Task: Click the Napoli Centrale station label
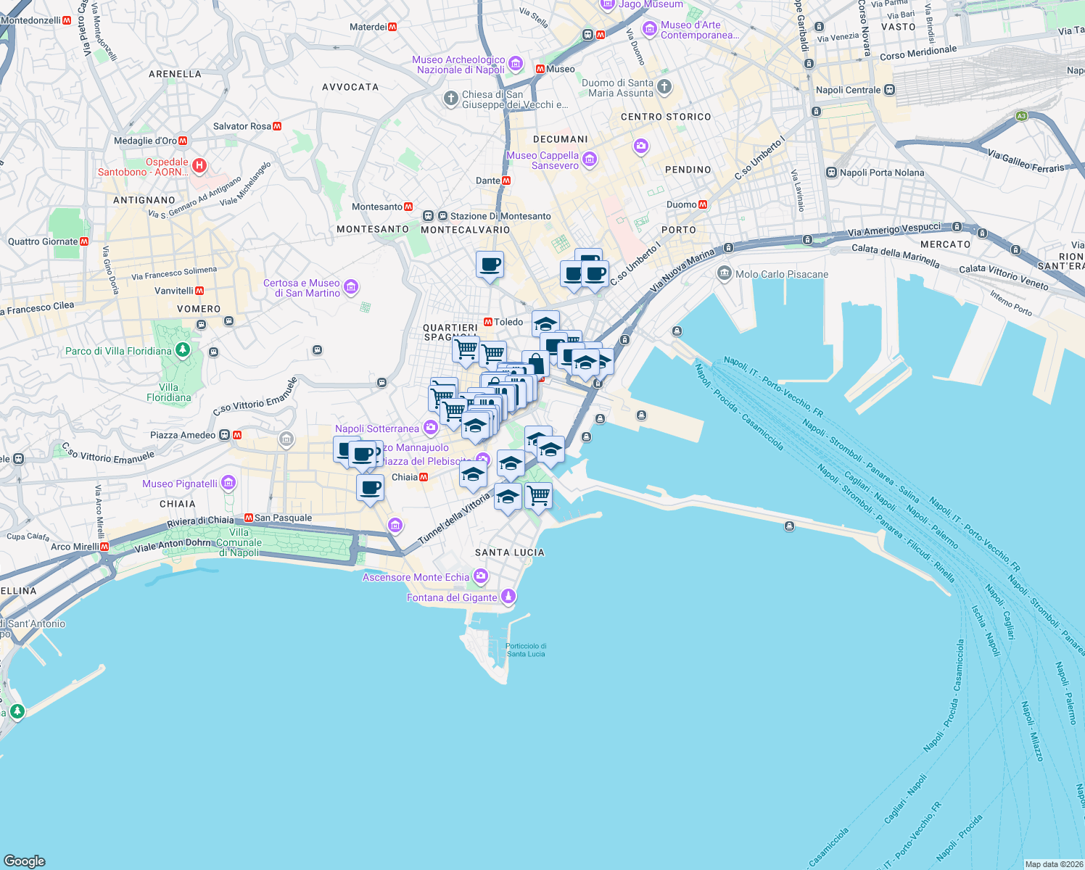848,90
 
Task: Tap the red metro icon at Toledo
488,322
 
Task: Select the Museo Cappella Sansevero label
542,160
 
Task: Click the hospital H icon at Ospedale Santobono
199,167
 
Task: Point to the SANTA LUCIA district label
509,552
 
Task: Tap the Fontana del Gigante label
452,597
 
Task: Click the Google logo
25,861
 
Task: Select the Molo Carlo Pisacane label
781,274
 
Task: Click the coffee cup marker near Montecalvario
490,265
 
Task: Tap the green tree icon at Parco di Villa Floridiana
183,351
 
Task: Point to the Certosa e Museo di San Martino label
301,288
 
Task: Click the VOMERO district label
199,309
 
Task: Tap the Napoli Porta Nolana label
881,173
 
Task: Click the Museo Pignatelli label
180,484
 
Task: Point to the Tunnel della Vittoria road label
454,518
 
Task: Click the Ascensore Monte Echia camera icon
481,576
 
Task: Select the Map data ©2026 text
1054,863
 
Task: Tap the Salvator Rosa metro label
242,126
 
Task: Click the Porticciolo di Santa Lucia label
526,650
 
